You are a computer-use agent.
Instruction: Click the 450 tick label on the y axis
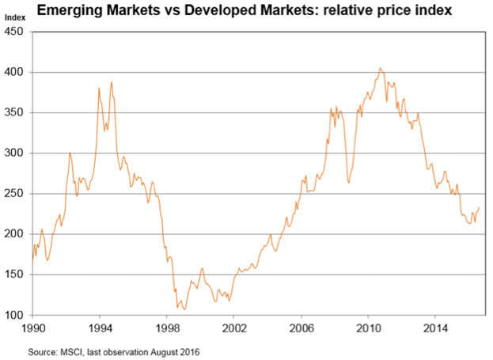pos(16,32)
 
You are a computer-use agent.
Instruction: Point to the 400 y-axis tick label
pos(16,72)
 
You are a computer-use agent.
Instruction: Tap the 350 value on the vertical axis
pos(16,113)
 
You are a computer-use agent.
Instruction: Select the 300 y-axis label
pos(16,153)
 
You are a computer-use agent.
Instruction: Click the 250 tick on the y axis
pos(16,194)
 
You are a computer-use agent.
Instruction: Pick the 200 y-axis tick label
pos(16,235)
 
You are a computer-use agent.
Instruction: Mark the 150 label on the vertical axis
pos(16,275)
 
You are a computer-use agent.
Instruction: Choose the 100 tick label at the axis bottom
pos(16,316)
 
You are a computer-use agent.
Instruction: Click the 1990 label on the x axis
pos(32,326)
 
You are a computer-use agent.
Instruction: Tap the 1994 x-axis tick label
pos(99,326)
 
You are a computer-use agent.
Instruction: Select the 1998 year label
pos(166,326)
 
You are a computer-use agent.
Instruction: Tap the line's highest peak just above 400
pos(380,68)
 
